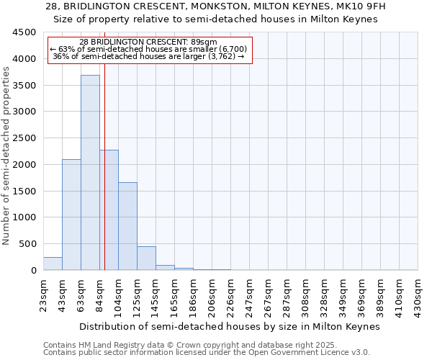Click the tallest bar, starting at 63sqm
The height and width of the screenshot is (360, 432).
tap(90, 173)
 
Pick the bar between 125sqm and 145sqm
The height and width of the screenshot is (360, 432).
tap(146, 258)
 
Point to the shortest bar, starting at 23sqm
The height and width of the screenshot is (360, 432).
tap(53, 264)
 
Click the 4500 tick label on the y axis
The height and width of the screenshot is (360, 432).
tap(24, 32)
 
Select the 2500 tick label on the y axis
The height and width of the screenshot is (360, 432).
tap(24, 138)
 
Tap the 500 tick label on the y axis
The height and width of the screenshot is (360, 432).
tap(27, 244)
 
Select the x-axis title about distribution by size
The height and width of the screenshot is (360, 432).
tap(229, 326)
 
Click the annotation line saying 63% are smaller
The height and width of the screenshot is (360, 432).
tap(150, 49)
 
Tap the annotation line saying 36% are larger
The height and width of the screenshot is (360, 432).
tap(150, 56)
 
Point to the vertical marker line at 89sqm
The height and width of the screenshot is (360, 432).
tap(104, 180)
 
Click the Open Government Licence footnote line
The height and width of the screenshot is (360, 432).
tap(207, 352)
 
